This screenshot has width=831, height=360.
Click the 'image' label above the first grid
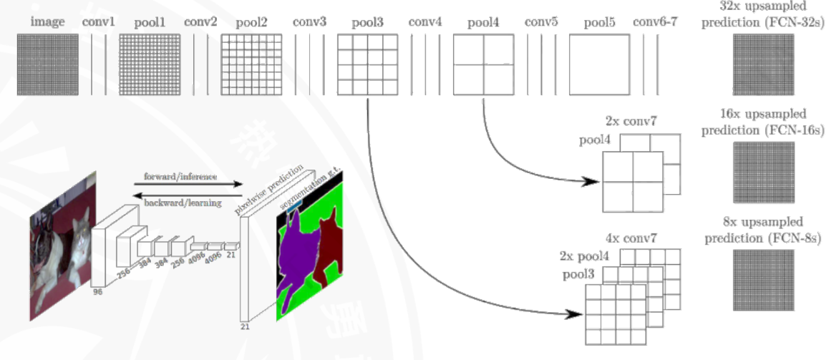click(47, 22)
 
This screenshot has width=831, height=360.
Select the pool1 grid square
click(148, 65)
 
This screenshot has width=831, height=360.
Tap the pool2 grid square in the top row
click(251, 65)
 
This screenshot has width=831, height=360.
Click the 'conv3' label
click(309, 22)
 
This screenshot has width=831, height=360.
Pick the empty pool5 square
click(599, 65)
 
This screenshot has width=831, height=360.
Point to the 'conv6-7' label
click(654, 22)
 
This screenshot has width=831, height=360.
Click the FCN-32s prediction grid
click(763, 65)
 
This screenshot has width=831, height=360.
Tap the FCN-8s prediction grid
click(763, 280)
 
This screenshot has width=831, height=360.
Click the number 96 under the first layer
click(97, 292)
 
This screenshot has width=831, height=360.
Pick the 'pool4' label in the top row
click(483, 22)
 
